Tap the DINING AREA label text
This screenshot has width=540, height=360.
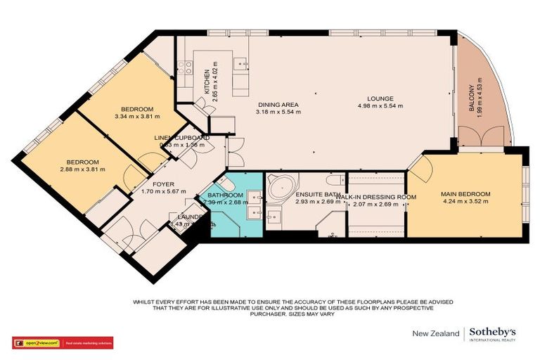[x=278, y=103]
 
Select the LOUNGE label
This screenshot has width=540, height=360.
[x=384, y=98]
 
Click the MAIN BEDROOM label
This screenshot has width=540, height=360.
[x=465, y=194]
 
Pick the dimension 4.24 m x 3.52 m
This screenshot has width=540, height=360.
[x=465, y=202]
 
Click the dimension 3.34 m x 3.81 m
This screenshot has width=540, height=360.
[x=137, y=117]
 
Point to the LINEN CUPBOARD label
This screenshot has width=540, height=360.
[x=181, y=138]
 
